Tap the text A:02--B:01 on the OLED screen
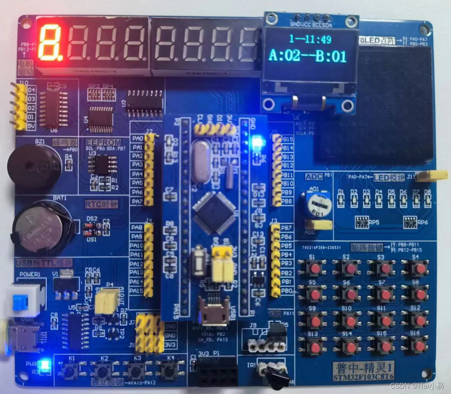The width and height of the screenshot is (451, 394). [307, 56]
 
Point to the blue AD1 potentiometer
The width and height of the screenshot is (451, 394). [315, 205]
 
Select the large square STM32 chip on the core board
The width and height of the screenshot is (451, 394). [214, 212]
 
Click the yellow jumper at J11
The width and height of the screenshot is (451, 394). [431, 175]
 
